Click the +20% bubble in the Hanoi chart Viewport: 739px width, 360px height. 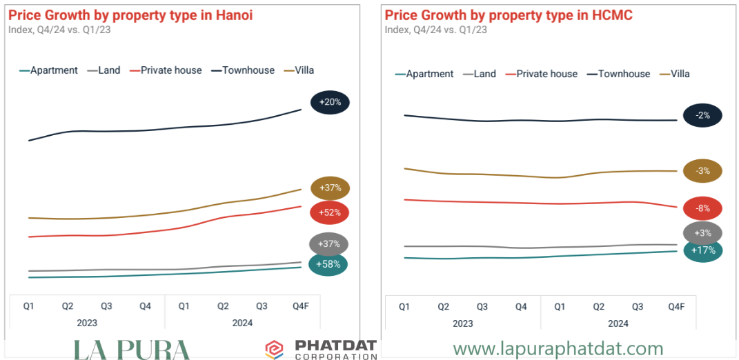(331, 103)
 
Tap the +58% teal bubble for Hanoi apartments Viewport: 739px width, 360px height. (328, 264)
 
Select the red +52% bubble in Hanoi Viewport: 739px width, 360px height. (330, 212)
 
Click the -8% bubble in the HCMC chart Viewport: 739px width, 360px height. (702, 208)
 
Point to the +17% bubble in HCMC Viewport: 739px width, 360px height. (702, 250)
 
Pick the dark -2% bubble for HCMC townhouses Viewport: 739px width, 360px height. (702, 115)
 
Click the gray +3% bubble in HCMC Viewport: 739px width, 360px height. (702, 233)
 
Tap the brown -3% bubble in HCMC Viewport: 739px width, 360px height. (702, 171)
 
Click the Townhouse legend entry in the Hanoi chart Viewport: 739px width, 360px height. (248, 70)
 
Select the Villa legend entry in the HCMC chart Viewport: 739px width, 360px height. (680, 74)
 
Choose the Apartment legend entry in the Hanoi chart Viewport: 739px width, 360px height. (54, 70)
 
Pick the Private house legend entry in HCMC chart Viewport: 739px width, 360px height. (546, 74)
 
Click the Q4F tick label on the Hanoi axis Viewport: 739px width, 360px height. (301, 306)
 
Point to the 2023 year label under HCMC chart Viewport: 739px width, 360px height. (462, 323)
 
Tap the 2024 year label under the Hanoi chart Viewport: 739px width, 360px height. (243, 323)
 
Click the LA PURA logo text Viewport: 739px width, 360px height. (131, 350)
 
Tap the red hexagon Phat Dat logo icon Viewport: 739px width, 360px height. (275, 350)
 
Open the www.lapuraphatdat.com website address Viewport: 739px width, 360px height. (558, 349)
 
